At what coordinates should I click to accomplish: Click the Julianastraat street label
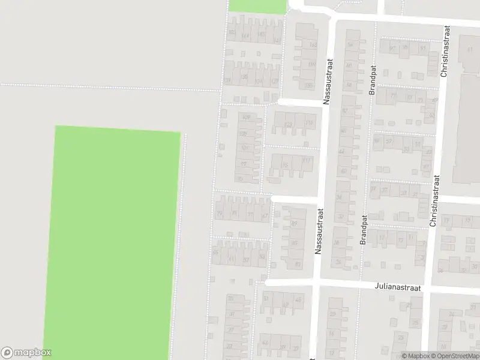399,288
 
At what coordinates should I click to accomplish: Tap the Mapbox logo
26,353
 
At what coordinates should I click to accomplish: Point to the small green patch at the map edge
257,6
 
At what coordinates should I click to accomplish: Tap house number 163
312,44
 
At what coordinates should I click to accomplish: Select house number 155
310,86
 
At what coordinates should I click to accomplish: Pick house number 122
289,125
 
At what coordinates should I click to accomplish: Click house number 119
309,124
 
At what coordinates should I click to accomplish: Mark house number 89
295,223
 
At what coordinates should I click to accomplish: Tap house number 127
275,81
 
